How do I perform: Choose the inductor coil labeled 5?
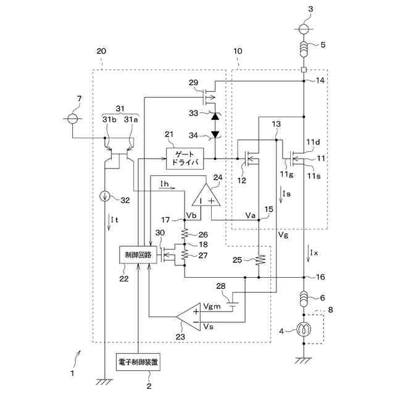(x=304, y=47)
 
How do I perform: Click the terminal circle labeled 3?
(x=304, y=28)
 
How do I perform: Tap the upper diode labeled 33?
(x=215, y=115)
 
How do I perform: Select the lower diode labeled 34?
(x=215, y=134)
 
